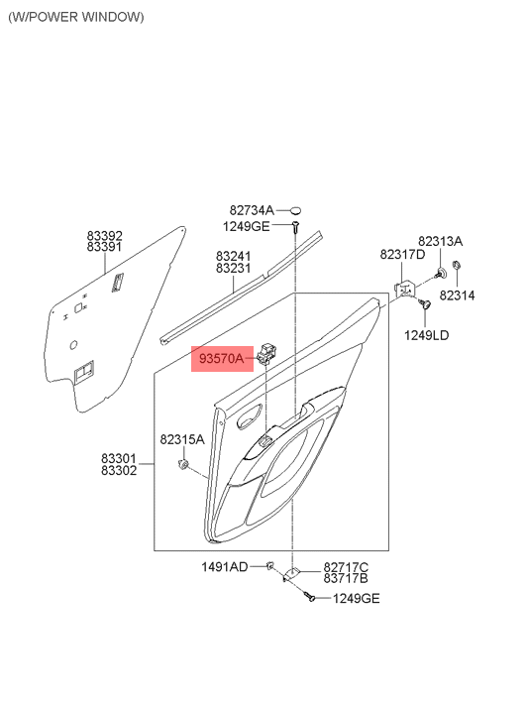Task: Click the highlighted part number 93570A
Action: (221, 358)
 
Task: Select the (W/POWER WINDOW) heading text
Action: (75, 17)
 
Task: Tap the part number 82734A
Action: (252, 210)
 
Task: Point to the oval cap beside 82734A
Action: (293, 210)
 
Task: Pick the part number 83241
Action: (234, 255)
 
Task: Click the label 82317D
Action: (403, 255)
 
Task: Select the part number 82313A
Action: (440, 241)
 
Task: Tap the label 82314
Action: (458, 295)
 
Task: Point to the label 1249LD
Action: (427, 335)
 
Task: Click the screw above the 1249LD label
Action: (423, 307)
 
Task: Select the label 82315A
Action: (182, 438)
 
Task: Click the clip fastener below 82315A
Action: (183, 464)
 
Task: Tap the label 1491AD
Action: (225, 566)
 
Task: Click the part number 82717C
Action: (346, 566)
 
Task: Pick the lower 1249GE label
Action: (356, 598)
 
